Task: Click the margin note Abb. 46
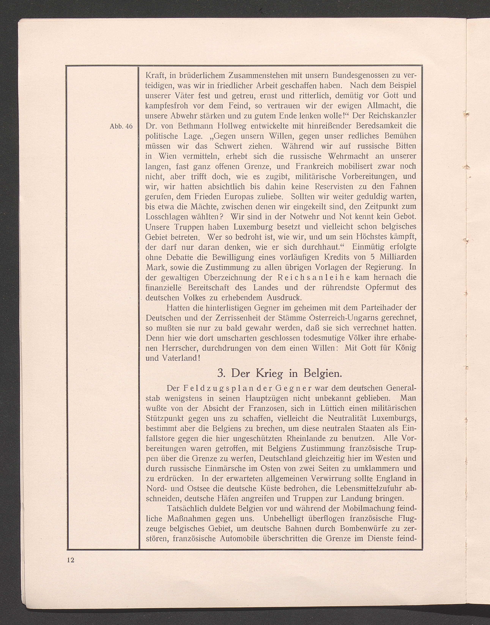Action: pos(121,126)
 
